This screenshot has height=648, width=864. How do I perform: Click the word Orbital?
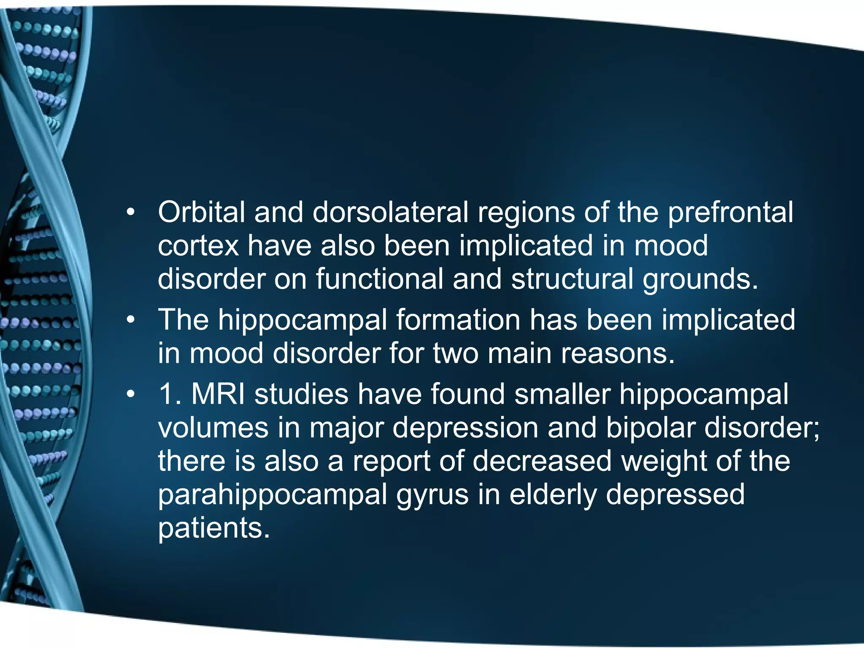201,212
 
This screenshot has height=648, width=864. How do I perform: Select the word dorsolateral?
390,212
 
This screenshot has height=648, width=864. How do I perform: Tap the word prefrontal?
730,212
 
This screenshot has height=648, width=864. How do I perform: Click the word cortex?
198,246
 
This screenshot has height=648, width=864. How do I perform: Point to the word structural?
572,279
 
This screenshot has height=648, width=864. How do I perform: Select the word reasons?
618,354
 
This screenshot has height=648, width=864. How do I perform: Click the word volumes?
213,428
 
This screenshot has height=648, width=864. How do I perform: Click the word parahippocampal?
273,495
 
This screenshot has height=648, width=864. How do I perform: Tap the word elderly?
553,494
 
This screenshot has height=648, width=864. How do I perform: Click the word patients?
213,528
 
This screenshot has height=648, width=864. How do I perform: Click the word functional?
380,279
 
